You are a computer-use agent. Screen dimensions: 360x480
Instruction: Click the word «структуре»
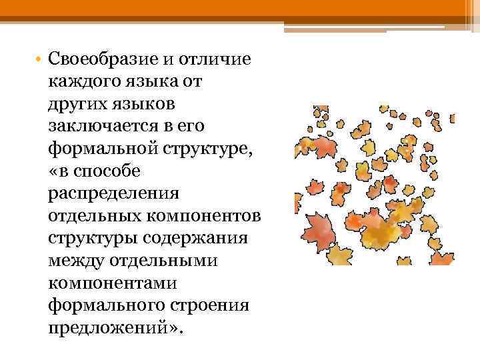(x=205, y=147)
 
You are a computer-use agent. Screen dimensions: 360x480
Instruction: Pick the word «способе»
(x=106, y=171)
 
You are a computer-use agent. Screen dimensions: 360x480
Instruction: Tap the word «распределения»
(x=113, y=194)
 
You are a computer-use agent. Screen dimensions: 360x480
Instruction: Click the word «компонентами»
(x=112, y=283)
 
